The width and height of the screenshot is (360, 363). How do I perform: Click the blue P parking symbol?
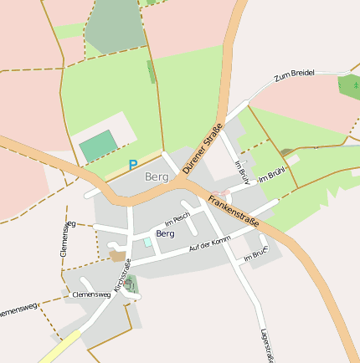(x=132, y=166)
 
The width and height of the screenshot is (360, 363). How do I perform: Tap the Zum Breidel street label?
(x=294, y=75)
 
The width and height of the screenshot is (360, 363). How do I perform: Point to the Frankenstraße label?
(x=233, y=212)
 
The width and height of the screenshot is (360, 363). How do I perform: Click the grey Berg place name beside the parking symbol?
(x=157, y=177)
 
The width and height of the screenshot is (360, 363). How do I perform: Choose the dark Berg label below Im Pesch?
(x=165, y=234)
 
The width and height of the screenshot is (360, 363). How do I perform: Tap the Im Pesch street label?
(x=179, y=221)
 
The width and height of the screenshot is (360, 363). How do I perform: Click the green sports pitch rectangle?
(x=100, y=146)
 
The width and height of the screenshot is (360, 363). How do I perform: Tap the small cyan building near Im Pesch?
(x=148, y=242)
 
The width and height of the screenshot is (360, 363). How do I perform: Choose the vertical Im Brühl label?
(x=242, y=171)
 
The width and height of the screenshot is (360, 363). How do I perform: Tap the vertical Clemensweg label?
(x=64, y=238)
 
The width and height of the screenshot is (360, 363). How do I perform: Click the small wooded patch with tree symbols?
(x=349, y=85)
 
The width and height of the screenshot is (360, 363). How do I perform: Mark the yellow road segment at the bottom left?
(x=59, y=347)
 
